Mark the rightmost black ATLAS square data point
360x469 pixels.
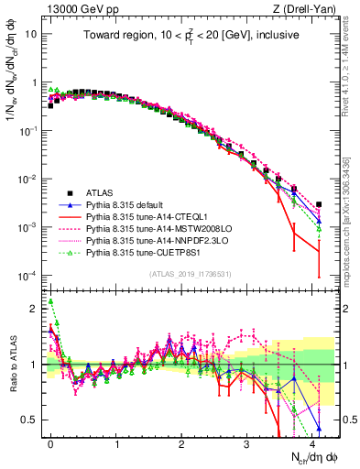pos(318,205)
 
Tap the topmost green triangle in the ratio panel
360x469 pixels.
pos(50,300)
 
